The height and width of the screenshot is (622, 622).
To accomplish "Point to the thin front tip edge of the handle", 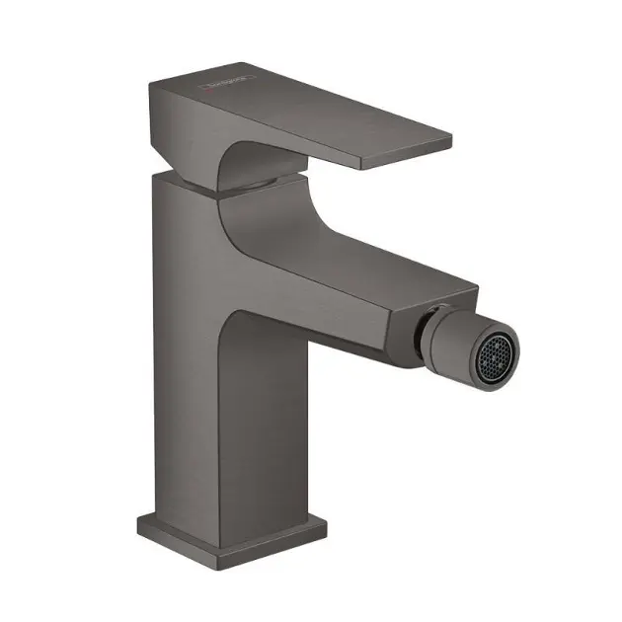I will pos(405,157).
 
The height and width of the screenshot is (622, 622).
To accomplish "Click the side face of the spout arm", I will pos(336,296).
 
